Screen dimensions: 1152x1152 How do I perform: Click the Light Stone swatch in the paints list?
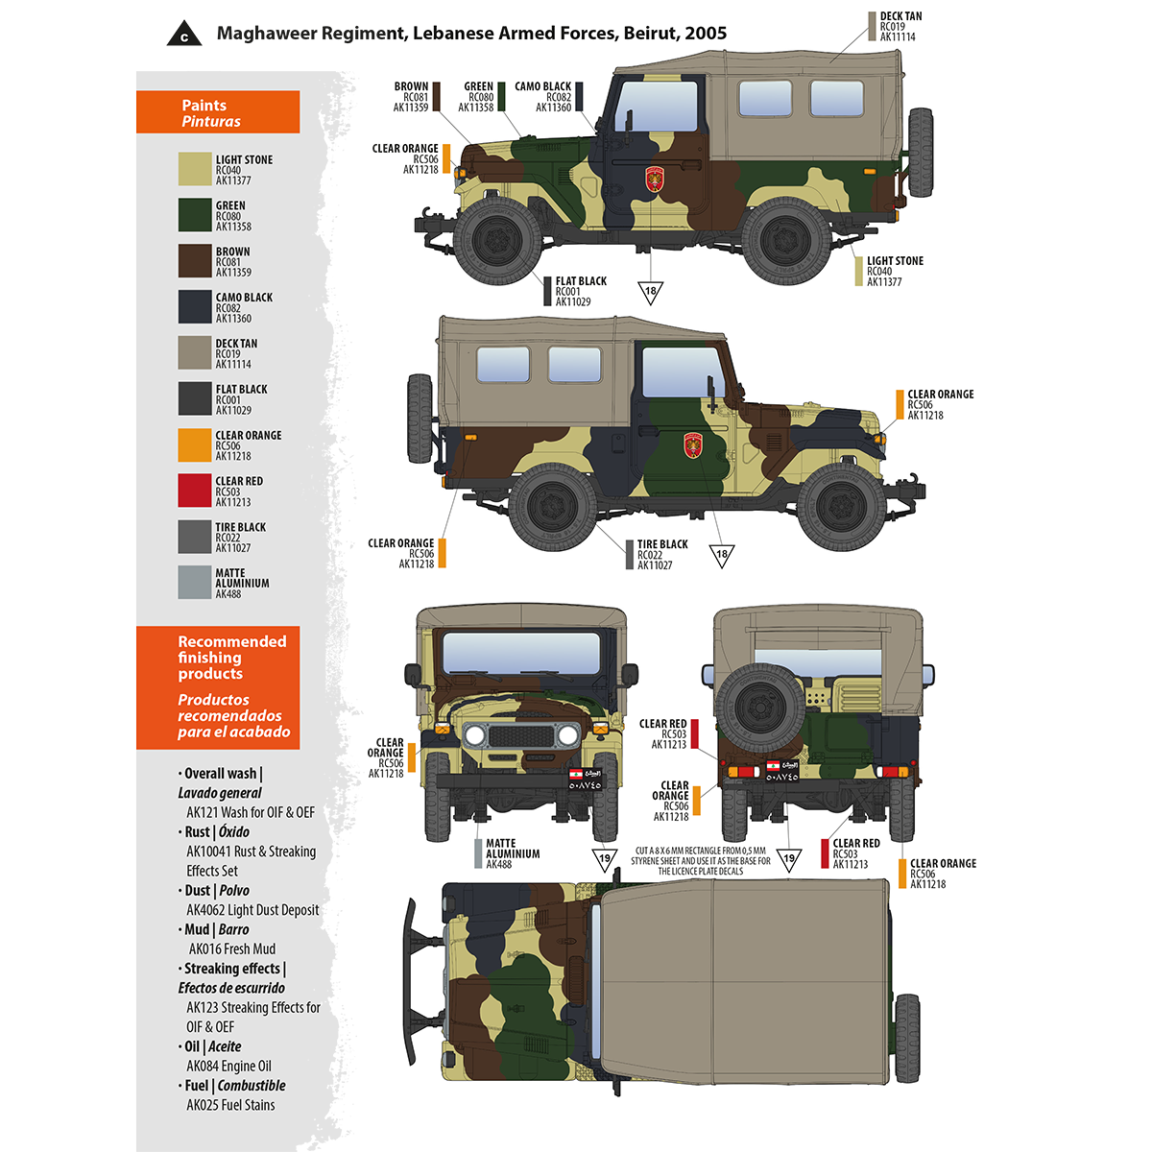coord(194,169)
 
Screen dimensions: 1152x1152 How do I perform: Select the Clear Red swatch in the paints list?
coord(194,491)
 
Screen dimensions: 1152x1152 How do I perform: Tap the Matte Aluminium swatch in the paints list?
coord(194,583)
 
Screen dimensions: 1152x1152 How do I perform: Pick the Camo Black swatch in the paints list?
coord(194,307)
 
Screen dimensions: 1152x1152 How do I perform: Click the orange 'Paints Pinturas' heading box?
coord(218,112)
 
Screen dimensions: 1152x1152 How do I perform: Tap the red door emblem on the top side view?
coord(655,179)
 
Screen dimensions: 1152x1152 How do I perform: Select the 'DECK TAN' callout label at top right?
coord(900,26)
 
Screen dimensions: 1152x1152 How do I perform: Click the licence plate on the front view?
coord(585,780)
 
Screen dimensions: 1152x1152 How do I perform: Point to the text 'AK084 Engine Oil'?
coord(228,1066)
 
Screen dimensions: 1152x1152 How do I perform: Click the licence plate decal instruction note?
coord(701,861)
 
